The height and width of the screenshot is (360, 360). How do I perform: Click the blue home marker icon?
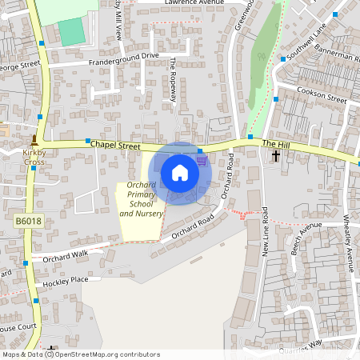coord(180,173)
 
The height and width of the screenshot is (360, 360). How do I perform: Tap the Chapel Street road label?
coord(115,146)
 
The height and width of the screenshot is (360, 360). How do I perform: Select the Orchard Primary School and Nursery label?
coord(141,200)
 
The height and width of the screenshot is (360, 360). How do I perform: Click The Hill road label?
coord(274,142)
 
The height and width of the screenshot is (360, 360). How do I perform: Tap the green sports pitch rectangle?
coord(71,32)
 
